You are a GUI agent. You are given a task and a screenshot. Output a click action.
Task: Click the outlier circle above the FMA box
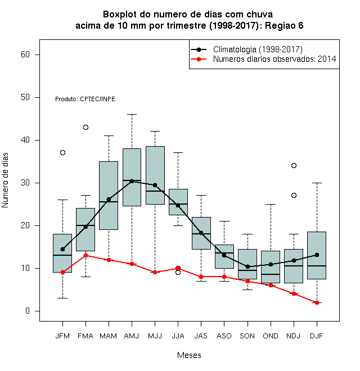coord(85,127)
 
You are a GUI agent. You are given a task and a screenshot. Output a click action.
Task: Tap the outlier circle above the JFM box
coord(62,152)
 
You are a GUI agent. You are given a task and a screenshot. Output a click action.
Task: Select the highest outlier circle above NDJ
coord(294,165)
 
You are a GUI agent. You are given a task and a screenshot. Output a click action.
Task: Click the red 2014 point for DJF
coord(317,302)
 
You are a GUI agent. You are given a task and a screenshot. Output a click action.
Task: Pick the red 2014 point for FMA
coord(85,255)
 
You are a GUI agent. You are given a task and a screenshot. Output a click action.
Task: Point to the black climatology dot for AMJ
coord(132,181)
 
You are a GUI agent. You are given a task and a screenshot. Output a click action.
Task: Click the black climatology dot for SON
coord(247,266)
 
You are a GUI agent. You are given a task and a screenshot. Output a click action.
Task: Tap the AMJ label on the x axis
coord(132,336)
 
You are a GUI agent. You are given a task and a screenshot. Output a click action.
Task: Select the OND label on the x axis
coord(271,336)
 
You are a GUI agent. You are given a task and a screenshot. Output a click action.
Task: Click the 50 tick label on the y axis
coord(25,97)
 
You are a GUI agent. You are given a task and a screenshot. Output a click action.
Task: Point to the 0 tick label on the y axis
coord(28,311)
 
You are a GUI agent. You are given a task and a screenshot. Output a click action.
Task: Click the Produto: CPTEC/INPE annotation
coord(85,99)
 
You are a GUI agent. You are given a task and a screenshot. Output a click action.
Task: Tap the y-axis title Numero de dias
coord(5,180)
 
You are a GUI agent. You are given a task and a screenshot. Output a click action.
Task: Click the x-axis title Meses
coord(189,355)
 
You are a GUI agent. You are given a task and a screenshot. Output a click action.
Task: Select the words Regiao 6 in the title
coord(284,25)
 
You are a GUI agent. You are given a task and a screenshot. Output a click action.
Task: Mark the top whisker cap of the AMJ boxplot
coord(132,114)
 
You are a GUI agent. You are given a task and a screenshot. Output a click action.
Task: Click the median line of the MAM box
coord(109,202)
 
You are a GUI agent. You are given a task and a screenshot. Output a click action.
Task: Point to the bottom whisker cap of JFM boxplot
coord(62,298)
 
